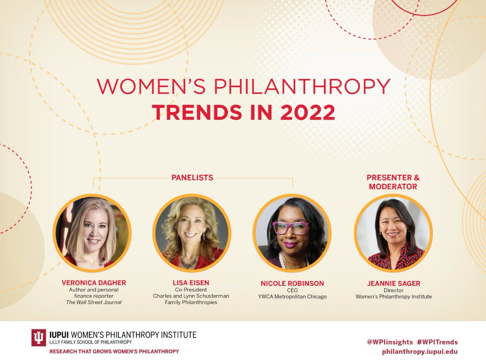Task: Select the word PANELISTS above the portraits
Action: (192, 177)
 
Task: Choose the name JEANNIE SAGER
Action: (393, 283)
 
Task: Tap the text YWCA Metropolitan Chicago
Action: (292, 296)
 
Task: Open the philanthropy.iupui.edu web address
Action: (420, 351)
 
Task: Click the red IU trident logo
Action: (39, 338)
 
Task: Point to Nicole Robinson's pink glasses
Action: (290, 228)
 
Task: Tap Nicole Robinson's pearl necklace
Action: (292, 259)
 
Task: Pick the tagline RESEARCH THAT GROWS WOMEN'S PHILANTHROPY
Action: (114, 351)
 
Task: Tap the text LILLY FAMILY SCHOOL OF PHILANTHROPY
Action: (90, 342)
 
